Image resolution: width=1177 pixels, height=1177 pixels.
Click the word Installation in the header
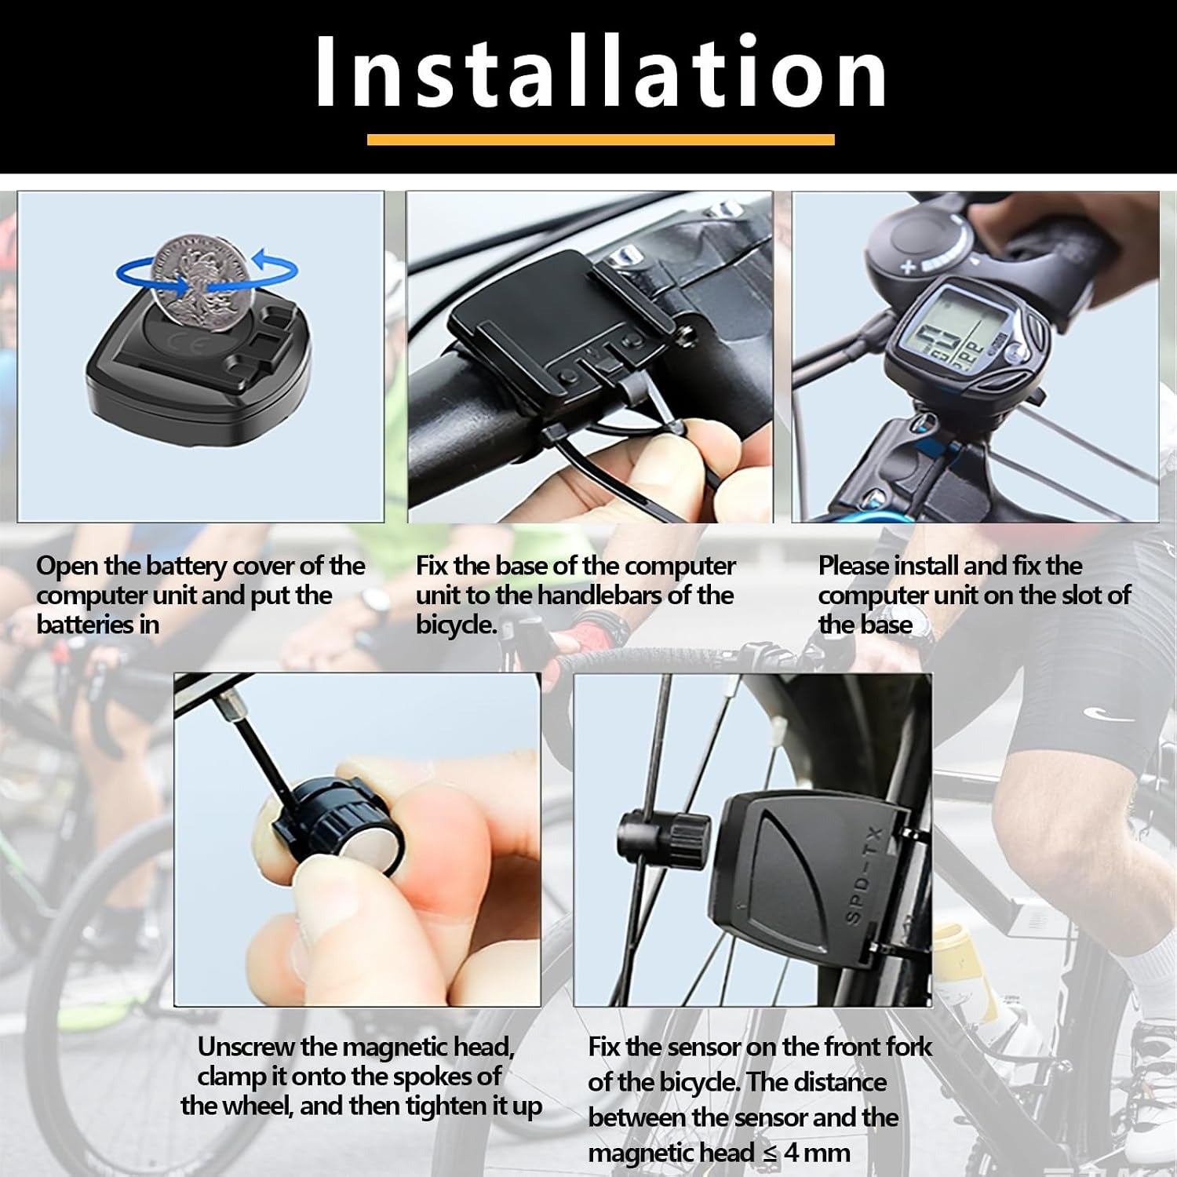click(x=601, y=73)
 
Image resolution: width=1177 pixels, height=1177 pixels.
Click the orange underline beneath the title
click(x=600, y=140)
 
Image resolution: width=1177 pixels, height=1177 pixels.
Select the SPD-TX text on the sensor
click(x=865, y=875)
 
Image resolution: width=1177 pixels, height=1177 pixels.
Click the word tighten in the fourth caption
click(x=442, y=1106)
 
